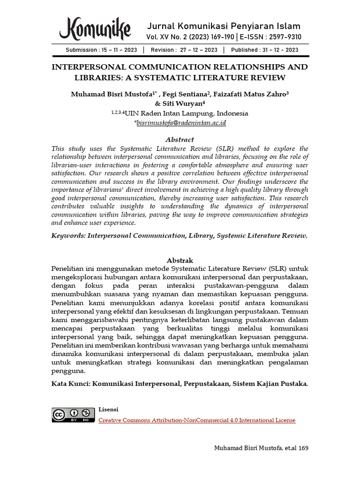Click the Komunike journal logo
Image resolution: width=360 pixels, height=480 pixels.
95,29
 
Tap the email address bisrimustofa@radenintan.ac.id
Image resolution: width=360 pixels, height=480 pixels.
181,123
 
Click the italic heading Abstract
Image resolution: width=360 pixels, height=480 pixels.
180,139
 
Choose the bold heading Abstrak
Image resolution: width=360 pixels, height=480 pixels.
180,260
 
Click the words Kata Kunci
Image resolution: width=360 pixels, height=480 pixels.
70,383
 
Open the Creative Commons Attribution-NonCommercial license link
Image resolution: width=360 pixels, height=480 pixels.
197,420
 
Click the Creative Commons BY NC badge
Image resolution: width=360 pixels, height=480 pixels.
71,415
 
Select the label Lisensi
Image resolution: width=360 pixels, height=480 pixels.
108,409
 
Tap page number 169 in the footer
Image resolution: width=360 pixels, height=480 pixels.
303,448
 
